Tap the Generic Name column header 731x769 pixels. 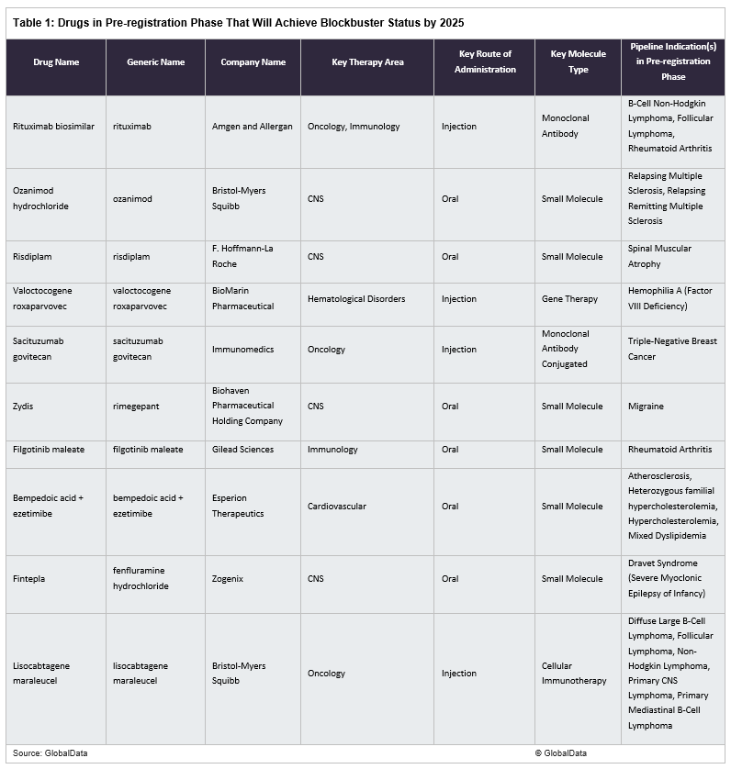tap(156, 62)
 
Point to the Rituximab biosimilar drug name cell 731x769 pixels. tap(53, 127)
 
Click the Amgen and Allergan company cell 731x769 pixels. tap(252, 127)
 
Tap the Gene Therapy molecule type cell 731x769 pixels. tap(569, 299)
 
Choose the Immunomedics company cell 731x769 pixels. tap(243, 350)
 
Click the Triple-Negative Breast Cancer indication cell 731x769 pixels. tap(671, 349)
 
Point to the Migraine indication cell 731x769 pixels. tap(646, 407)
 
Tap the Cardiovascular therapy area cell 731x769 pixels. tap(337, 507)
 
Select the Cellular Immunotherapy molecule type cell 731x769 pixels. tap(573, 674)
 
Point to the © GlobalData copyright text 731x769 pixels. tap(565, 753)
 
